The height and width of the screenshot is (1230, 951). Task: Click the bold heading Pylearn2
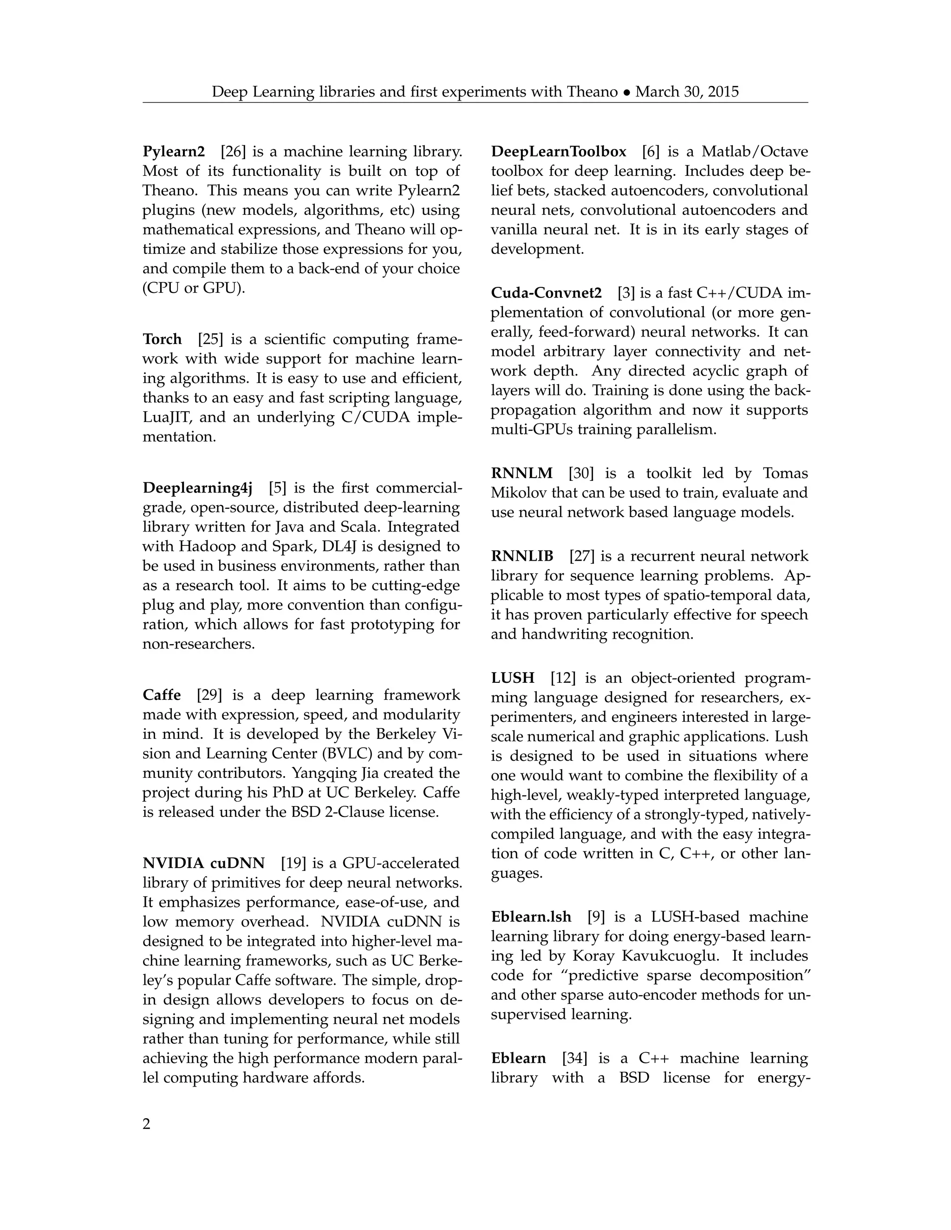(174, 152)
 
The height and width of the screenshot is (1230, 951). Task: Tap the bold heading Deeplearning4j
(197, 488)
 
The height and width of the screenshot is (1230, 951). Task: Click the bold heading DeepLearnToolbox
(558, 152)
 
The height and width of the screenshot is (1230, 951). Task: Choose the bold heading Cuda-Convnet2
(546, 293)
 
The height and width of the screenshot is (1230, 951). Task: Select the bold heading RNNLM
(521, 473)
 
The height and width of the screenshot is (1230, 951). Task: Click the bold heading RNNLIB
(521, 557)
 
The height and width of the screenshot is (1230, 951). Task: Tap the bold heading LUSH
(512, 678)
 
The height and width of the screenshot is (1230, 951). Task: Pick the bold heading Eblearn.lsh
(531, 917)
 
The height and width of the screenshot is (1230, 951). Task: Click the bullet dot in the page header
(626, 92)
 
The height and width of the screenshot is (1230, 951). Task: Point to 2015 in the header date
(723, 92)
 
